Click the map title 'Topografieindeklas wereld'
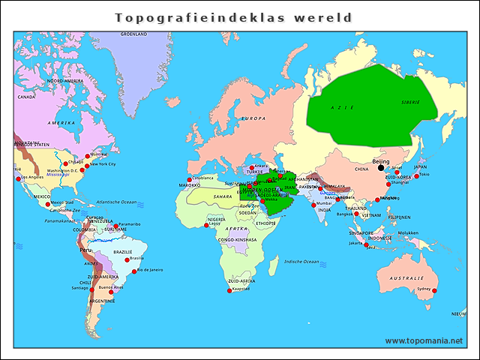click(x=232, y=16)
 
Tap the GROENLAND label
click(x=133, y=34)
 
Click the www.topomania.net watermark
click(x=424, y=340)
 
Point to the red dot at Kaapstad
click(x=229, y=291)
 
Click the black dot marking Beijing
click(x=380, y=168)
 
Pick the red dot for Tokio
click(x=417, y=176)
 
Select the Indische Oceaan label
click(x=302, y=262)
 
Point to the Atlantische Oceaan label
click(x=118, y=202)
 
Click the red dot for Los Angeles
click(x=17, y=178)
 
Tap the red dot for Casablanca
click(x=190, y=179)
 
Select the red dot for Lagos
click(x=206, y=225)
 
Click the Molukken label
click(x=407, y=232)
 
